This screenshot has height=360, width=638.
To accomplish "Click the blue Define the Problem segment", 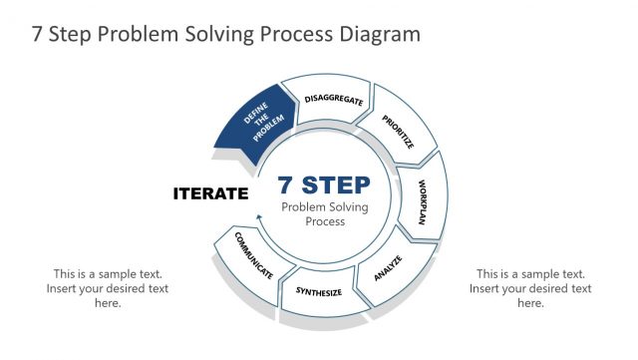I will coord(252,125).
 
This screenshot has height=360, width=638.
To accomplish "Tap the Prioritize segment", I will coord(399,132).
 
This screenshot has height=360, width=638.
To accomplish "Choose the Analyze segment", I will coord(388,266).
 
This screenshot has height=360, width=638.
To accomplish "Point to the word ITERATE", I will coord(210,193).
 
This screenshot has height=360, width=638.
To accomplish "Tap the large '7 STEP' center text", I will coord(323,185).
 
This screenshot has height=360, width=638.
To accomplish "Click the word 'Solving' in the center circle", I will coord(348,206).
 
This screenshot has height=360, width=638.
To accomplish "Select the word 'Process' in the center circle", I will coord(325,221).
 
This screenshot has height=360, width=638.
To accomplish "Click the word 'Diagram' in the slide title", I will coord(379,34).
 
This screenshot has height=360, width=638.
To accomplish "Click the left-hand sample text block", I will coord(108,288).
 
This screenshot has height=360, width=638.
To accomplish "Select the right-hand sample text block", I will coord(530,288).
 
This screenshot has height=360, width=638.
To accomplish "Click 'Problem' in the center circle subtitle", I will coord(303,206).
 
